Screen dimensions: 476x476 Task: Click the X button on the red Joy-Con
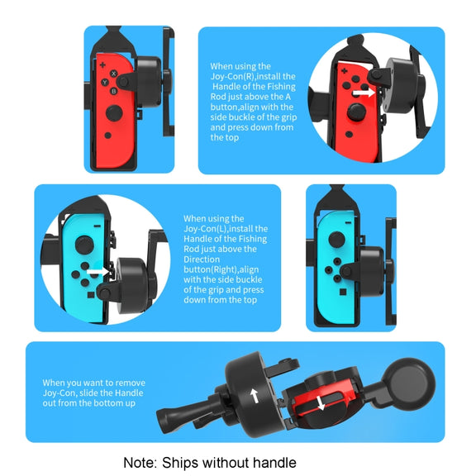pyautogui.click(x=113, y=74)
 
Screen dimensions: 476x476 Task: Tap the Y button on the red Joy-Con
pyautogui.click(x=105, y=82)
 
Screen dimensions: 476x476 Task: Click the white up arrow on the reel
pyautogui.click(x=254, y=396)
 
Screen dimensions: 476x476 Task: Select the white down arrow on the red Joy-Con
pyautogui.click(x=321, y=402)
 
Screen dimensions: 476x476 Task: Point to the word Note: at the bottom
pyautogui.click(x=140, y=463)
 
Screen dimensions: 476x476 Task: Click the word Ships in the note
pyautogui.click(x=181, y=464)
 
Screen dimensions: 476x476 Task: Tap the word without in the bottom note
pyautogui.click(x=226, y=463)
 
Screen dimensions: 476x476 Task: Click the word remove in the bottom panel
pyautogui.click(x=130, y=383)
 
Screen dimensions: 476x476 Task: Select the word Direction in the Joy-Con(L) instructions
pyautogui.click(x=202, y=259)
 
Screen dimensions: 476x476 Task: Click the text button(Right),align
pyautogui.click(x=221, y=269)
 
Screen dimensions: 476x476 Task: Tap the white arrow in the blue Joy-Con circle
pyautogui.click(x=98, y=271)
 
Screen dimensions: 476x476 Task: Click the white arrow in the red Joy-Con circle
pyautogui.click(x=364, y=93)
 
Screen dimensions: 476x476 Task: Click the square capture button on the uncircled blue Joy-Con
pyautogui.click(x=343, y=292)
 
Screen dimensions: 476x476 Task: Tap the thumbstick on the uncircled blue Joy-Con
pyautogui.click(x=336, y=240)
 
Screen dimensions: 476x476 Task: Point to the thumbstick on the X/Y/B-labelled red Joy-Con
pyautogui.click(x=114, y=113)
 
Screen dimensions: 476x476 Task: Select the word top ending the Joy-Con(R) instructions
pyautogui.click(x=232, y=138)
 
